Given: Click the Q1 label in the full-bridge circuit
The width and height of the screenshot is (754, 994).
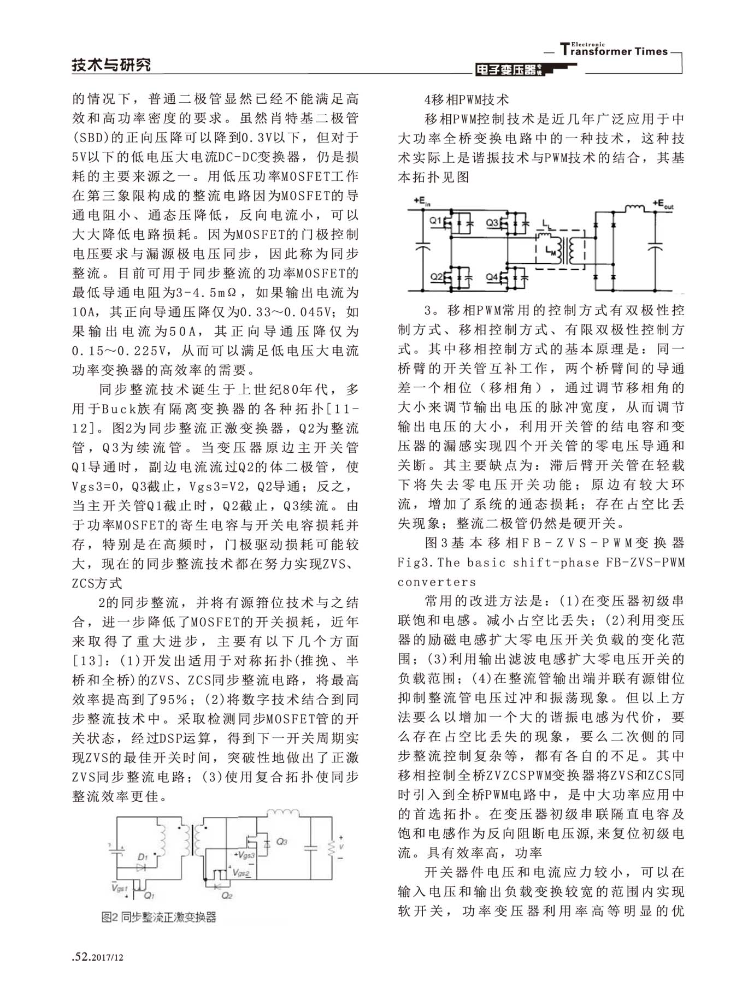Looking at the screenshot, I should (435, 221).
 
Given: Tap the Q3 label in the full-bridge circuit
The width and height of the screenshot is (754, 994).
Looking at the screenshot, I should (492, 223).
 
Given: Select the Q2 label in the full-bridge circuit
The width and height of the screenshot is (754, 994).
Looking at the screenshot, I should (437, 277).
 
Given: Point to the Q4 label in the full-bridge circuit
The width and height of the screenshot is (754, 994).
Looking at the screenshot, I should (492, 277).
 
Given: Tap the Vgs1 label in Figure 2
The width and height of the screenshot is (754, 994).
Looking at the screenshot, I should (119, 888).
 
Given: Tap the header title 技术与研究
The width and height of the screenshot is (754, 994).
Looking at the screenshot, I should (111, 65).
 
